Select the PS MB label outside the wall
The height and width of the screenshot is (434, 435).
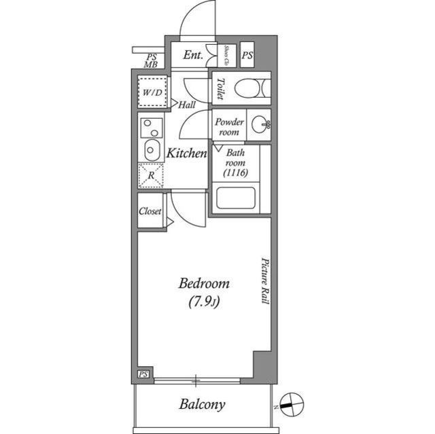tap(150, 61)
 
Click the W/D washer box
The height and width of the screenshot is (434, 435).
tap(151, 92)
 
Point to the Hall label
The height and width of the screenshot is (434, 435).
tap(187, 105)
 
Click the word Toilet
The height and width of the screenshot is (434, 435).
tap(220, 88)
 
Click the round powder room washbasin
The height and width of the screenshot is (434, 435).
tap(259, 125)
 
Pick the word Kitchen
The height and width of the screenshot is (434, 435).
tap(186, 153)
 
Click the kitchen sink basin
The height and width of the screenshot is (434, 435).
tap(151, 150)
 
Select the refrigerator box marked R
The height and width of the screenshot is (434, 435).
tap(151, 175)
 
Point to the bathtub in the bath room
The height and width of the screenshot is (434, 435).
tap(234, 199)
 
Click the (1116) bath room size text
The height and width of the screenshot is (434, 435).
tap(235, 173)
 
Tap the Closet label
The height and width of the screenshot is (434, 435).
tap(150, 211)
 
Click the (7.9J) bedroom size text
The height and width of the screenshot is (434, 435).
tap(203, 303)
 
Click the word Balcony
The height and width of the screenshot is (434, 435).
tap(202, 405)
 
